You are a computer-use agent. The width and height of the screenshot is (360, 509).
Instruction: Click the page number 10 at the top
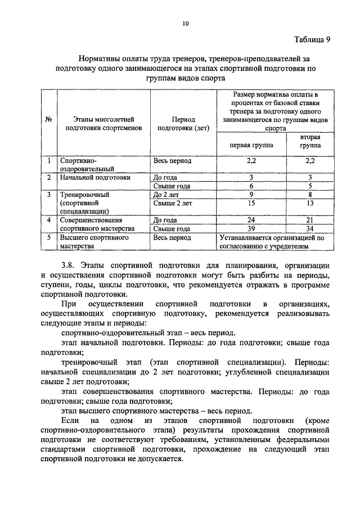pyautogui.click(x=186, y=23)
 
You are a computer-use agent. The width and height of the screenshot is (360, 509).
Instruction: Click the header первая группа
pyautogui.click(x=252, y=145)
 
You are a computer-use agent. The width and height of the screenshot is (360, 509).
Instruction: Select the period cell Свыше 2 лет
pyautogui.click(x=172, y=203)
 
